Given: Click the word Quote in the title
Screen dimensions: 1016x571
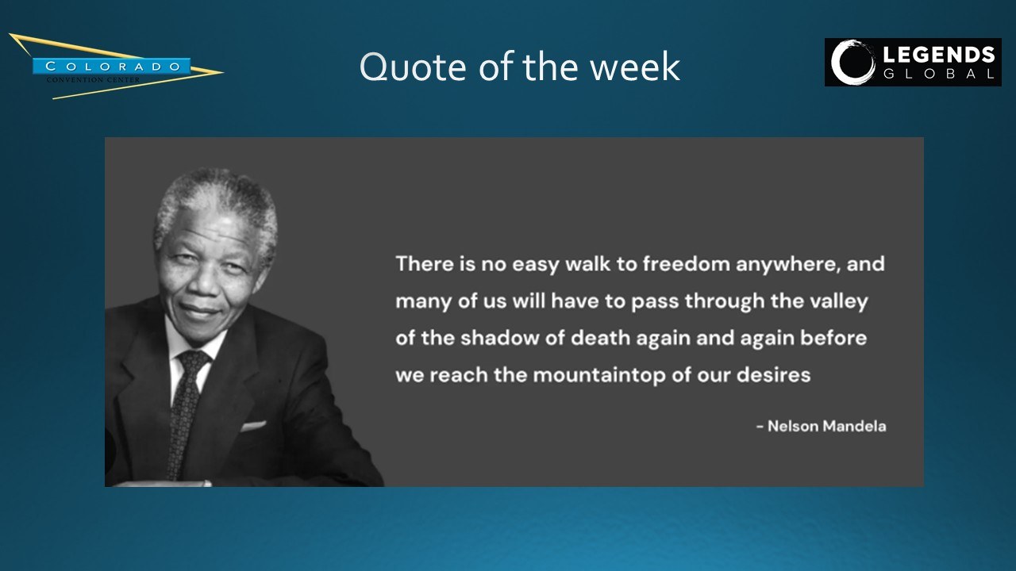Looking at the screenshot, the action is (x=413, y=67).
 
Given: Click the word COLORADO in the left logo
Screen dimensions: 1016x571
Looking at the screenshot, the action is (x=113, y=66).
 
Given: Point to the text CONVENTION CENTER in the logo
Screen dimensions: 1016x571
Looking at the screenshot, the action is (x=94, y=80).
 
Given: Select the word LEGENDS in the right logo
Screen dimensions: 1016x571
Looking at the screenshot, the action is (x=939, y=56).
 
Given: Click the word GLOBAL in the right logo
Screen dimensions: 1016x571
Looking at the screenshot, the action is (x=939, y=74).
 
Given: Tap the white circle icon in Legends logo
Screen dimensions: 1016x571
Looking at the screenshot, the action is (x=852, y=62).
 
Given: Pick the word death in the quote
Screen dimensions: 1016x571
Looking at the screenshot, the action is (x=601, y=338).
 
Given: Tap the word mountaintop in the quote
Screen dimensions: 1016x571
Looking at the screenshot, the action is (x=598, y=376).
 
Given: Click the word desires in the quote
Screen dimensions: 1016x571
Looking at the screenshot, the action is (x=773, y=375).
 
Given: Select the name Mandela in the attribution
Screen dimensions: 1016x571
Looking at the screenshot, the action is (x=854, y=427).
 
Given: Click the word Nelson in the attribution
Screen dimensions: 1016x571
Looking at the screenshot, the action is (x=793, y=427).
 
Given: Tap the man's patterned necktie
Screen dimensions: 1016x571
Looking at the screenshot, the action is (x=186, y=408).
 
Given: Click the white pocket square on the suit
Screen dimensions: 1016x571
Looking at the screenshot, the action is (x=253, y=426).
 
